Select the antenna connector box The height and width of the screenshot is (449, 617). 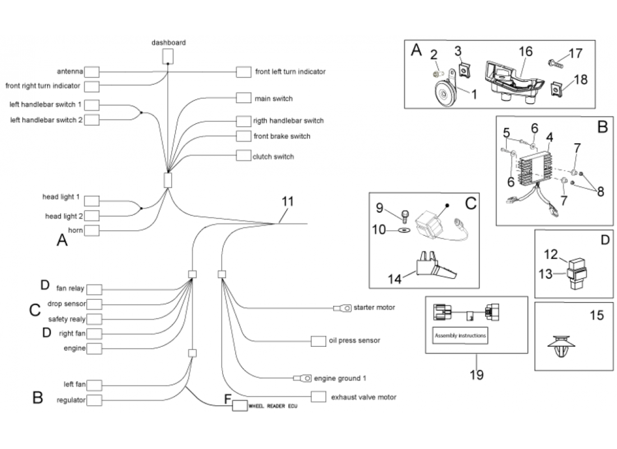(92, 72)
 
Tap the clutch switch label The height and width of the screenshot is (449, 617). (273, 157)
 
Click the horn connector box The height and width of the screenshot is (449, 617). (92, 231)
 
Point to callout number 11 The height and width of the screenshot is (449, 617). (287, 201)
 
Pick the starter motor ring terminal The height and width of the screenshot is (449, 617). (343, 308)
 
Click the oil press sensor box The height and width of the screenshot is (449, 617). (319, 341)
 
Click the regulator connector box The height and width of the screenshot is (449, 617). (94, 400)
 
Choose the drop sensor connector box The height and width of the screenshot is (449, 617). (94, 304)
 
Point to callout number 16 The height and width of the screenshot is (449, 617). (525, 52)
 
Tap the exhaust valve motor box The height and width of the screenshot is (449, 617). (319, 397)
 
